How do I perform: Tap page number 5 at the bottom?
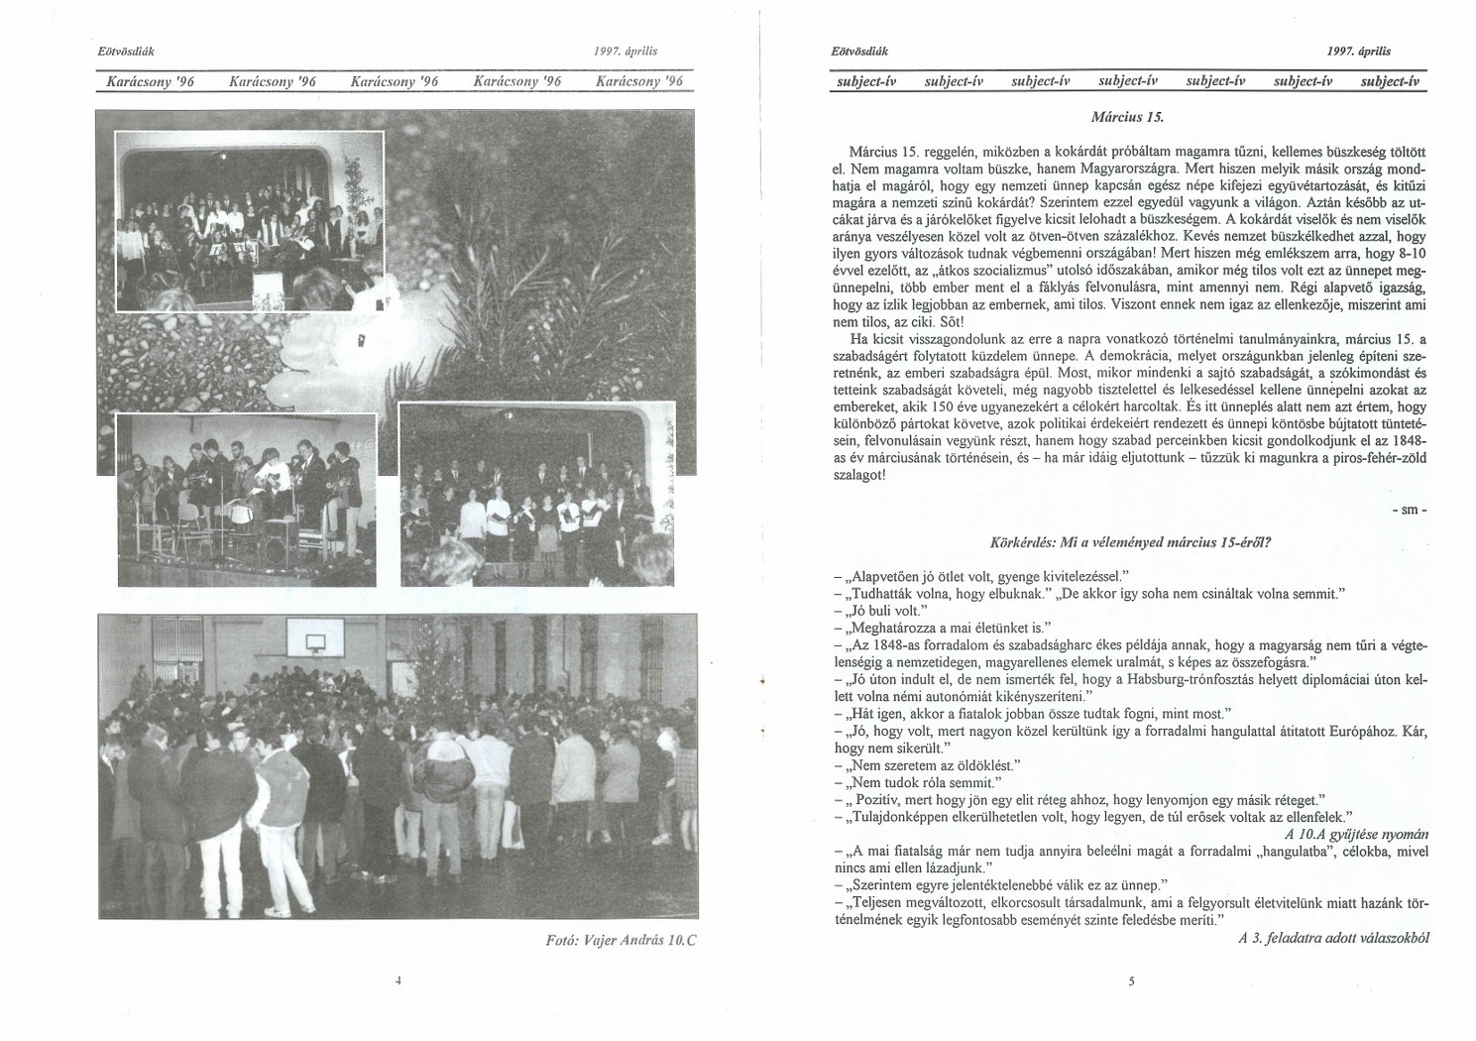[1130, 982]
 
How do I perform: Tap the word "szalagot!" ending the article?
[853, 475]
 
